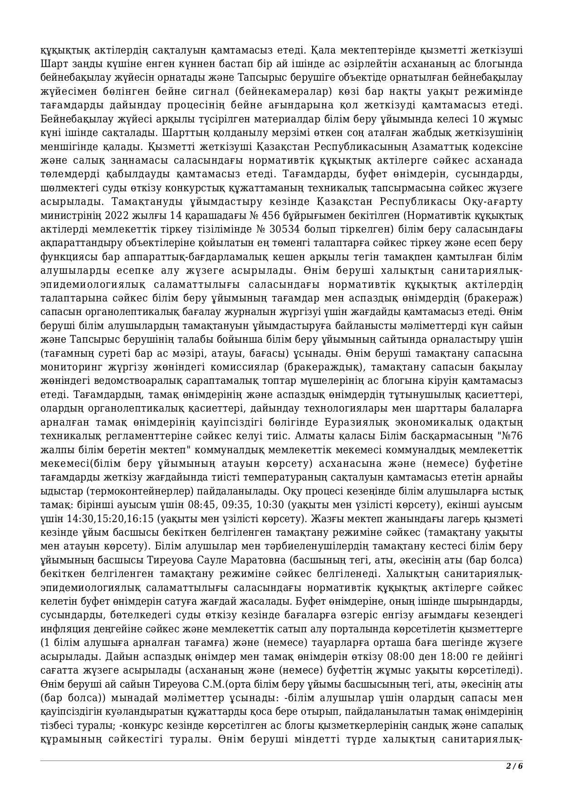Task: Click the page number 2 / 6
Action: [514, 766]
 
